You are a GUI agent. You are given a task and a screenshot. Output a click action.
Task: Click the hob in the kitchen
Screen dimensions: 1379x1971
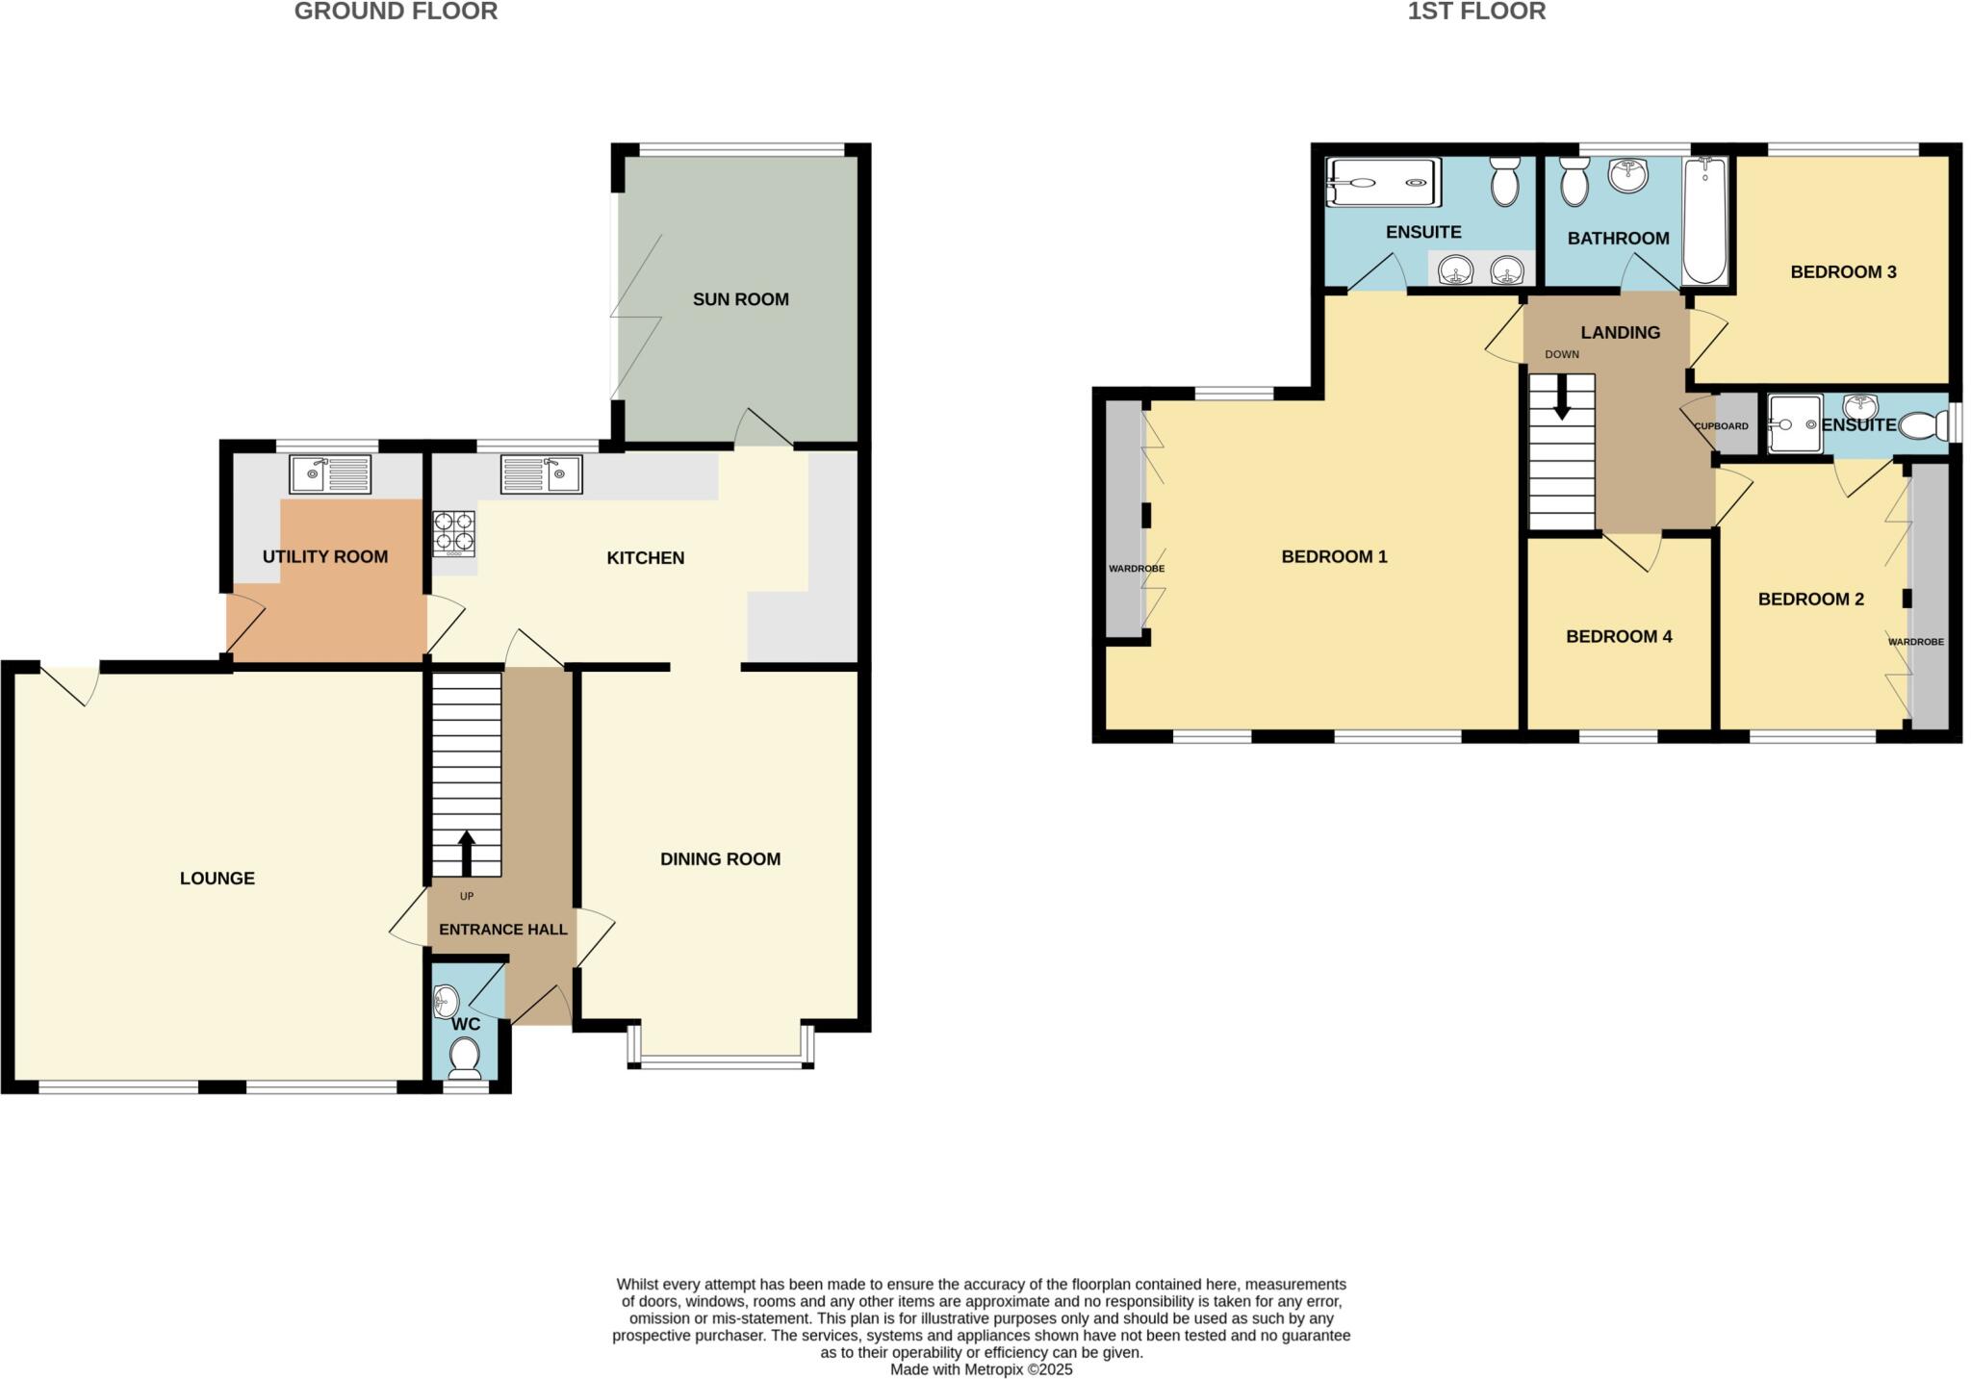[x=453, y=533]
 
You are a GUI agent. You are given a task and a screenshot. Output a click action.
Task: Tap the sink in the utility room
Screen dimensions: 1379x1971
[x=330, y=473]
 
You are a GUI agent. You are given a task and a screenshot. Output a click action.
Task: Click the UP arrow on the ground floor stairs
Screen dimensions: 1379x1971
[x=467, y=852]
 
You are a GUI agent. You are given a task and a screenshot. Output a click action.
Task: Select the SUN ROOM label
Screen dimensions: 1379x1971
[x=740, y=299]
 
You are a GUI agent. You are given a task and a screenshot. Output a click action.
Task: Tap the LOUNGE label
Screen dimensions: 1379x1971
[x=218, y=878]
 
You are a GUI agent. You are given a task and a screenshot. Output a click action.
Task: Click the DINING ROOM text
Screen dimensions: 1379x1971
[x=720, y=858]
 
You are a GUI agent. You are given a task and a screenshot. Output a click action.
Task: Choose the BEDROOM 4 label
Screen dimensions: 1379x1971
[x=1619, y=636]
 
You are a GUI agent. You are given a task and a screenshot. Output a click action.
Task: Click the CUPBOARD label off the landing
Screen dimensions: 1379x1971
[x=1721, y=426]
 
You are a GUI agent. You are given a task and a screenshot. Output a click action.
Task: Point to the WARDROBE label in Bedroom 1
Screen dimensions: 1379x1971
[x=1136, y=569]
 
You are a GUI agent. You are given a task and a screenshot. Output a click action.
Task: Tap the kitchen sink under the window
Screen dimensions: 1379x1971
[x=541, y=473]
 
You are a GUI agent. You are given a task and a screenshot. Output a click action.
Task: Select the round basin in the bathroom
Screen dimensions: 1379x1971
[x=1627, y=175]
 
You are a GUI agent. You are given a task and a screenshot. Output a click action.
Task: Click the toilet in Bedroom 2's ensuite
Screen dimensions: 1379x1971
[x=1920, y=424]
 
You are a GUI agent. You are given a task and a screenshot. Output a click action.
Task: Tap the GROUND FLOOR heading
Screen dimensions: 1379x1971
[x=396, y=12]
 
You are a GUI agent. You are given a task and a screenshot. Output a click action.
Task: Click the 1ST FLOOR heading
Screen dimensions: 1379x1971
[x=1476, y=12]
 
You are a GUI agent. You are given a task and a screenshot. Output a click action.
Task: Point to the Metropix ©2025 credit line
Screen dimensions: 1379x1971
[x=981, y=1369]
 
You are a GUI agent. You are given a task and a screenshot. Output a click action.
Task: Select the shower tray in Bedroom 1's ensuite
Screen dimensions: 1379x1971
[x=1383, y=183]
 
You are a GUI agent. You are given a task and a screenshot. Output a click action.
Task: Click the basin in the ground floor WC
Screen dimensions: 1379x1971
[x=446, y=1002]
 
